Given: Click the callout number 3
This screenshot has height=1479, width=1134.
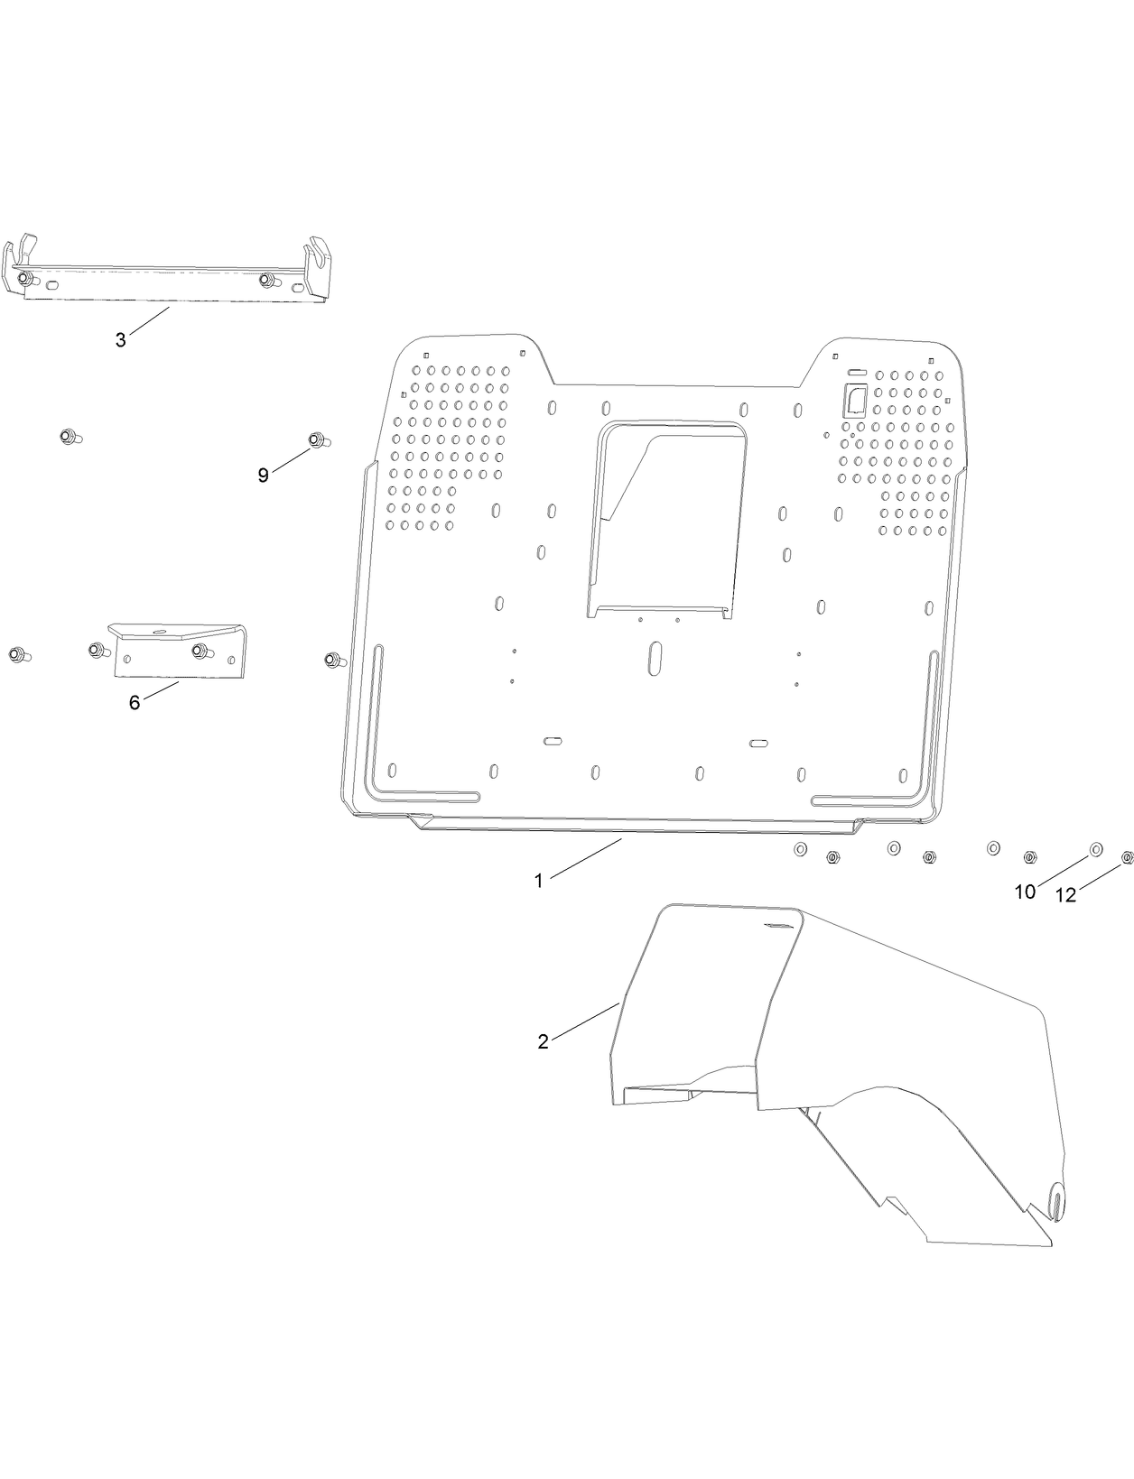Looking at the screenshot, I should (120, 340).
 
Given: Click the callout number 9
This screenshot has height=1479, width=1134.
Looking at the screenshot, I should (263, 476).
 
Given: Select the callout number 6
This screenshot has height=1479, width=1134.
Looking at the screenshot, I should (134, 703).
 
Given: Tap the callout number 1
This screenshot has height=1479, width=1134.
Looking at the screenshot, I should (538, 881).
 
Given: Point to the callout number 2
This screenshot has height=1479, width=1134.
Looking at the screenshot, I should (543, 1041).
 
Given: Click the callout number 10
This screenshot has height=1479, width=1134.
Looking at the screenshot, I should (1025, 892).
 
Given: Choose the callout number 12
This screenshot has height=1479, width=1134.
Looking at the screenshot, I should (1066, 895).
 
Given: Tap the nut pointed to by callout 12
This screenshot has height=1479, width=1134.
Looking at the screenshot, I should (1127, 857).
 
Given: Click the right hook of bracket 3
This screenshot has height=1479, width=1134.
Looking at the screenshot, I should (318, 257).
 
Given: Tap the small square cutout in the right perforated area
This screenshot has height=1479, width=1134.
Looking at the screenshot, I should (855, 399).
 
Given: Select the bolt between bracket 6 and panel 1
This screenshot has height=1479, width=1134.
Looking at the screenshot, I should (332, 661).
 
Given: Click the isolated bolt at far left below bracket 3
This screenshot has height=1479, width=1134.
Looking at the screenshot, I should (68, 437).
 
